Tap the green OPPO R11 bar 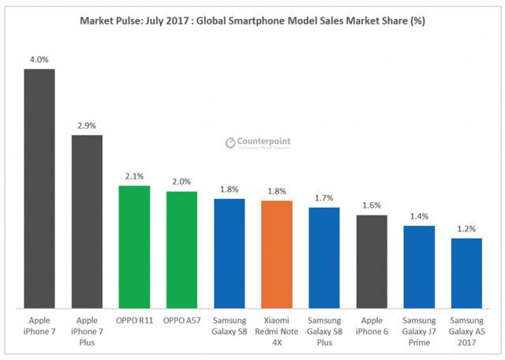tap(134, 246)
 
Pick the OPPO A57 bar tap(181, 249)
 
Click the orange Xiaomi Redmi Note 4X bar tap(276, 253)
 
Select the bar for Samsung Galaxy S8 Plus tap(324, 257)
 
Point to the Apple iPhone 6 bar tap(372, 261)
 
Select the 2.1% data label tap(134, 177)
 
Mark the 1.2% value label tap(466, 229)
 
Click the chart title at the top tap(252, 21)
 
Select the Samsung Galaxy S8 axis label tap(229, 327)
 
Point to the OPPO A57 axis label tap(181, 322)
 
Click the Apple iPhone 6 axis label tap(372, 327)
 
